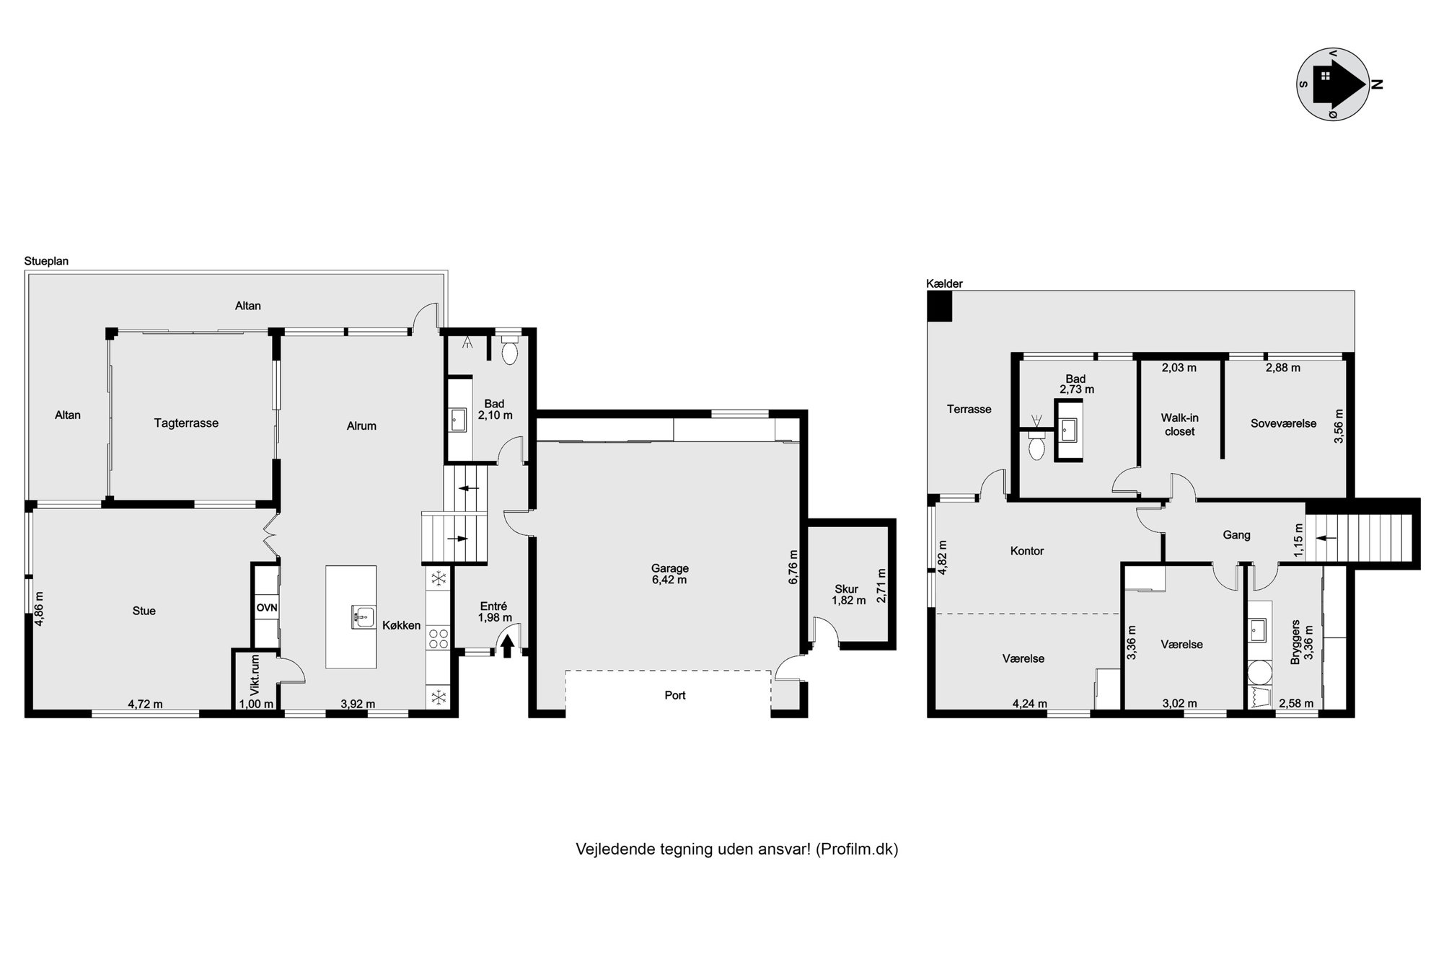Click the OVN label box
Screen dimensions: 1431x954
tap(267, 608)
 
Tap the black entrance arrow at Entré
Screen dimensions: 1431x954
tap(507, 645)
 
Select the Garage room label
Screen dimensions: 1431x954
tap(669, 568)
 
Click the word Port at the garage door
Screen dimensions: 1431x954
tap(675, 695)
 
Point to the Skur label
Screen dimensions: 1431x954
tap(846, 589)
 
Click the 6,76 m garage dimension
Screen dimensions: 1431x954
tap(793, 567)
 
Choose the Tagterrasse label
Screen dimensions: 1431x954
tap(186, 423)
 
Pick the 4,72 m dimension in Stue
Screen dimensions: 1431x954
tap(145, 704)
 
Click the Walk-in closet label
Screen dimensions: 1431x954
tap(1179, 425)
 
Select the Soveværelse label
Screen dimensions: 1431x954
tap(1283, 423)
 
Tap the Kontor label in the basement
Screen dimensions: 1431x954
tap(1027, 551)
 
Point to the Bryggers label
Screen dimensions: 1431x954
tap(1295, 642)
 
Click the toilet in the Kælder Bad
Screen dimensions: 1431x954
tap(1037, 445)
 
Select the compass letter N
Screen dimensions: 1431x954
tap(1377, 84)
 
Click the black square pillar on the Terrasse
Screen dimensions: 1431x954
tap(940, 306)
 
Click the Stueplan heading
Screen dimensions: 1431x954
tap(46, 261)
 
